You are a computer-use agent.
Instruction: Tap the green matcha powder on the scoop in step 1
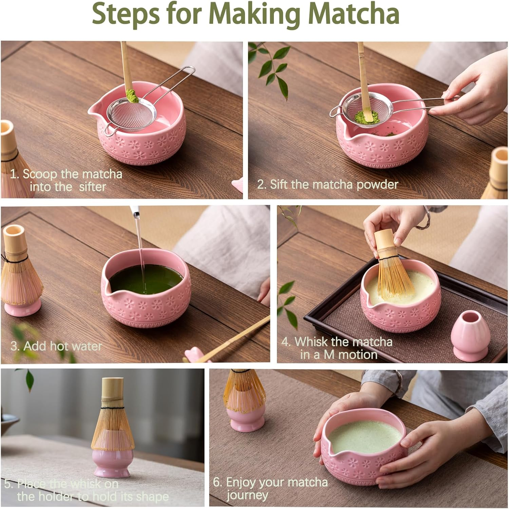click(132, 96)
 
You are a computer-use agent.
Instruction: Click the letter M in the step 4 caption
click(329, 355)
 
